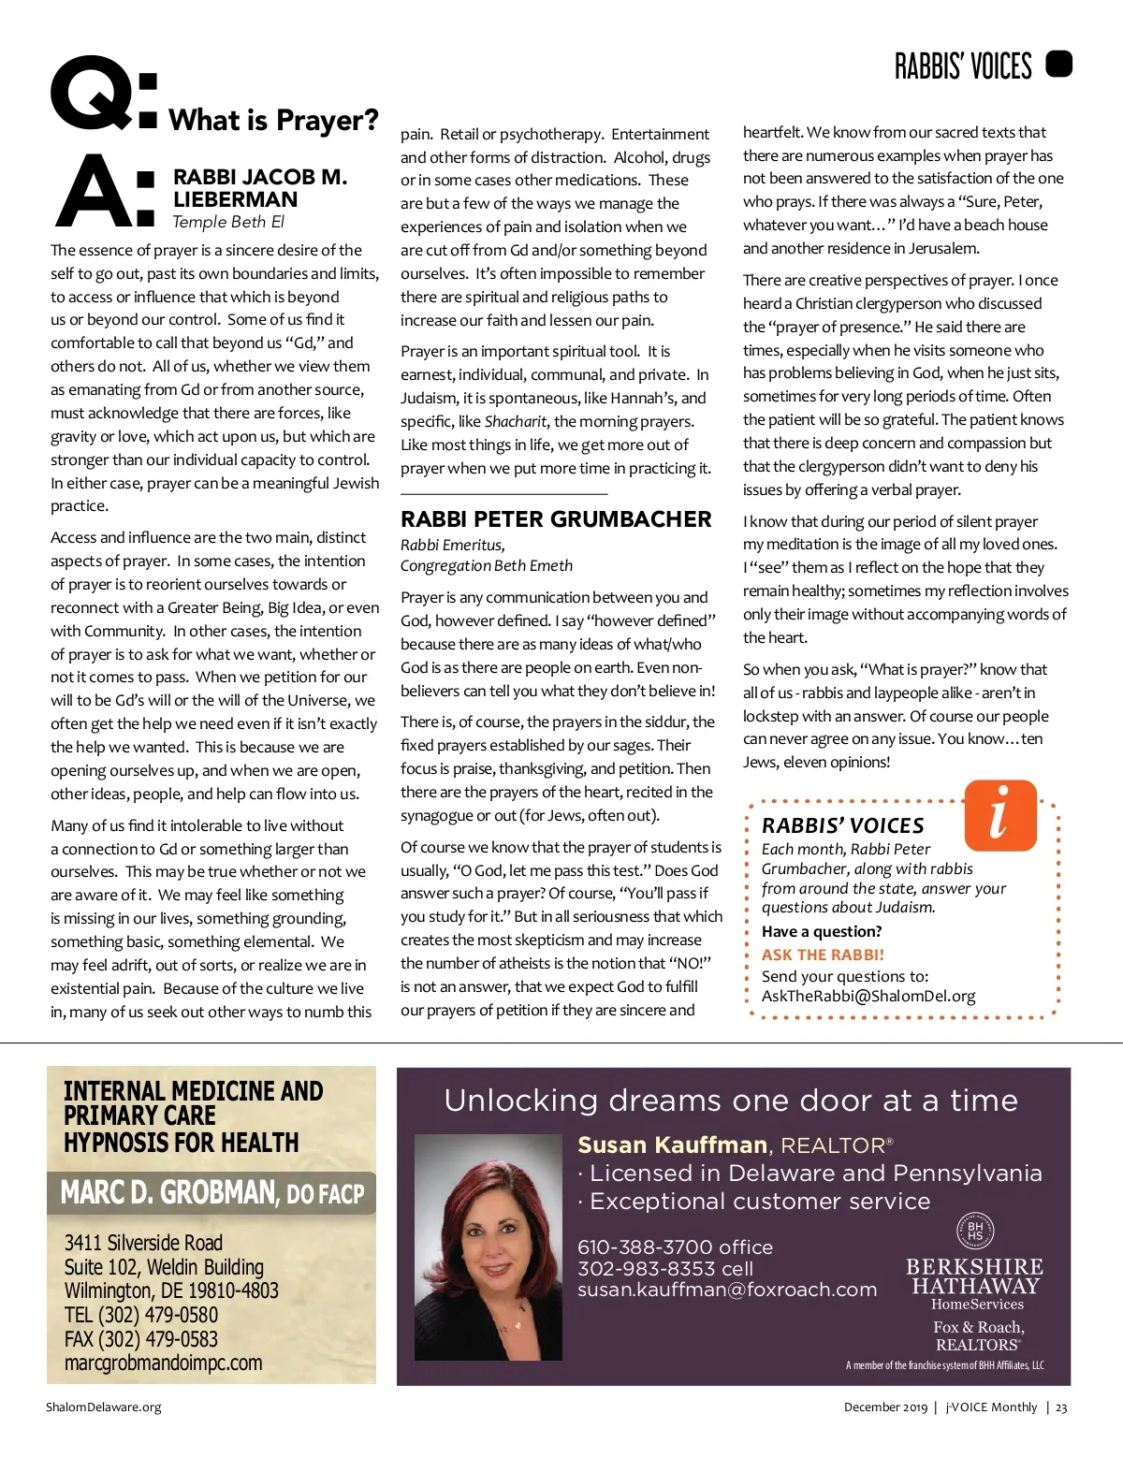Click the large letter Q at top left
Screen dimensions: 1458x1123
click(91, 94)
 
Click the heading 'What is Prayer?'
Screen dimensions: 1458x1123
click(273, 120)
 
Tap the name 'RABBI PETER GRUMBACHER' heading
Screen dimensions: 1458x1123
click(556, 519)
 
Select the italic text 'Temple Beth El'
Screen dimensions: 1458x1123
click(228, 222)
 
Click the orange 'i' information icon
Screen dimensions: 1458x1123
click(1000, 814)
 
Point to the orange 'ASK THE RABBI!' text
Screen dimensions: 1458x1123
click(823, 955)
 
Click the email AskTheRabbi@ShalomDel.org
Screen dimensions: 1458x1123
click(868, 996)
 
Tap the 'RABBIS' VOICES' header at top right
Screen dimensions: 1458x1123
click(963, 66)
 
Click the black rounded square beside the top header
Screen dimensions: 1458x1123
click(1058, 65)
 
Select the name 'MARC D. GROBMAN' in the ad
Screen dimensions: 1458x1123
click(168, 1193)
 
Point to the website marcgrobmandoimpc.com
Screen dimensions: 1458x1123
click(163, 1363)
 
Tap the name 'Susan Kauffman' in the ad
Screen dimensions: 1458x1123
click(672, 1145)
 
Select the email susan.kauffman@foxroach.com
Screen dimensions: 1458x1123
click(727, 1290)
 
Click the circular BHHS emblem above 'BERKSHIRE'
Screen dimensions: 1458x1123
click(975, 1231)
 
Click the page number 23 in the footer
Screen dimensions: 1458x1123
click(1061, 1407)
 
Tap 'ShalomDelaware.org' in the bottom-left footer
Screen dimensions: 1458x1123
click(104, 1407)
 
